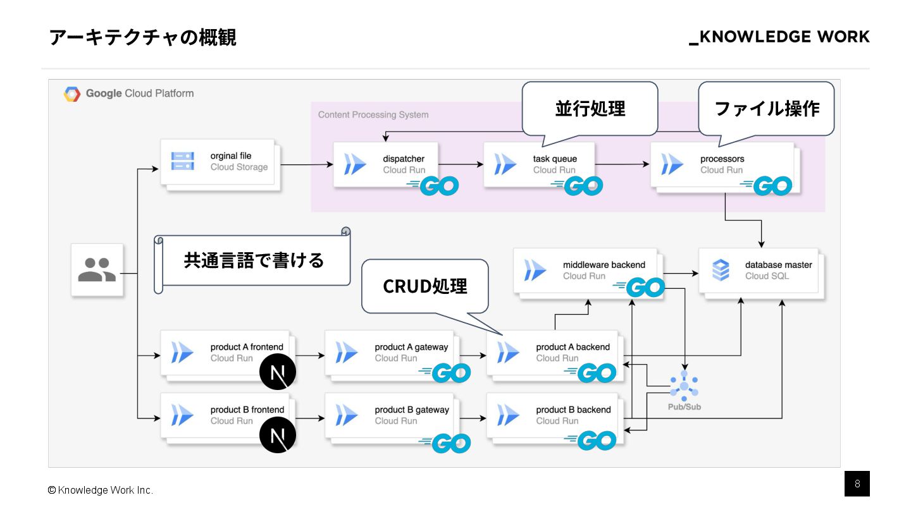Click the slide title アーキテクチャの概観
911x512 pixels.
tap(142, 37)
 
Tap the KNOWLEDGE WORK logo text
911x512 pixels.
tap(779, 37)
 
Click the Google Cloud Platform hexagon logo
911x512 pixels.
tap(72, 94)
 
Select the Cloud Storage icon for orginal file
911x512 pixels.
tap(183, 161)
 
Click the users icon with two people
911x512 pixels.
tap(97, 270)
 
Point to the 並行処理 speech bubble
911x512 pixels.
tap(590, 108)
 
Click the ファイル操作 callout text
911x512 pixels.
tap(766, 108)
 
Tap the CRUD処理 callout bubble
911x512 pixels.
tap(425, 286)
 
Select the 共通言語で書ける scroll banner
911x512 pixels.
tap(253, 260)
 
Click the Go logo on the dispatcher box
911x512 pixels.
tap(433, 185)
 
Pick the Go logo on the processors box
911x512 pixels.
tap(767, 186)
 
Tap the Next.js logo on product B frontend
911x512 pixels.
tap(278, 435)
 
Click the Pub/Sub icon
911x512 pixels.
tap(684, 385)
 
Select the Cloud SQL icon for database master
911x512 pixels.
tap(721, 270)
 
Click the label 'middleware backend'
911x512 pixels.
tap(604, 265)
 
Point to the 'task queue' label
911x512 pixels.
tap(555, 159)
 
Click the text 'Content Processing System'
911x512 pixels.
tap(373, 114)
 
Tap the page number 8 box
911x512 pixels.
tap(857, 484)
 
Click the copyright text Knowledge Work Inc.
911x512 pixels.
tap(101, 491)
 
